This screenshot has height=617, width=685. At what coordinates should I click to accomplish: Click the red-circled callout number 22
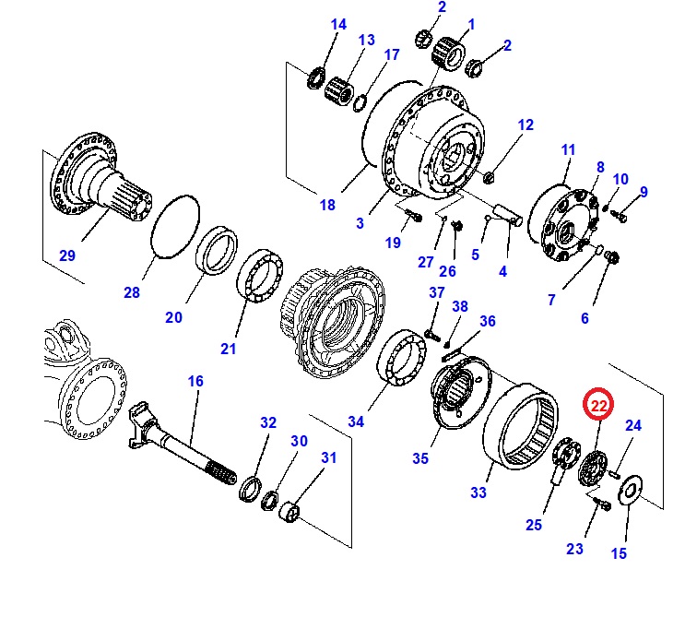598,404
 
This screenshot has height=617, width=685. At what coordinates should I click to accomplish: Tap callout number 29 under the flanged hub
67,255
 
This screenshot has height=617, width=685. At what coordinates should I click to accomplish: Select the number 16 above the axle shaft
195,381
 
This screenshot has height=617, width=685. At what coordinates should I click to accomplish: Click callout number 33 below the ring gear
478,492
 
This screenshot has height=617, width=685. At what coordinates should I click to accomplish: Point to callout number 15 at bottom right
619,553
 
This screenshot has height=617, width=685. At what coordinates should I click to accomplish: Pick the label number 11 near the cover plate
567,149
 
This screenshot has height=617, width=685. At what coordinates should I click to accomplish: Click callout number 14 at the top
338,25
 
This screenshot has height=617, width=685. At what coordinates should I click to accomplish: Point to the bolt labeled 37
430,334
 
